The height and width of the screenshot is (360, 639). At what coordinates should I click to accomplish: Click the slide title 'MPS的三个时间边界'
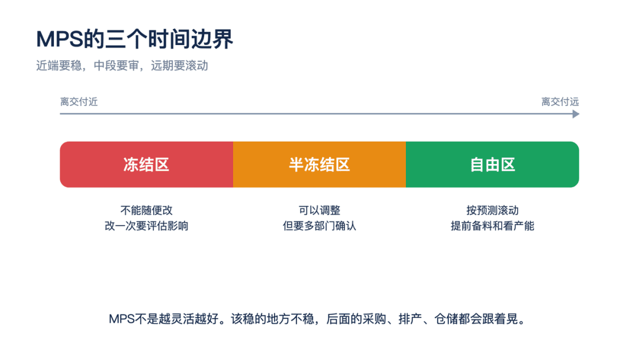click(134, 39)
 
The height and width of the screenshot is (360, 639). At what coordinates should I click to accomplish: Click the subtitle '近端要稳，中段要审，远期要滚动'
click(122, 66)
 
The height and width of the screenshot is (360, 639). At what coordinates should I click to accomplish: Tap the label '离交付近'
click(79, 101)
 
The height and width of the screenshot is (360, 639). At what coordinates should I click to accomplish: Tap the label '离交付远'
click(560, 101)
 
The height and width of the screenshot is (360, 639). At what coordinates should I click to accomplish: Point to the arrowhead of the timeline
click(576, 114)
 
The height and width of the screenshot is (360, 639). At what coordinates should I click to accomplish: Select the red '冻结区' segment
click(146, 164)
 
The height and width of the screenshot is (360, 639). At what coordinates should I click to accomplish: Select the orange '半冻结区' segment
click(319, 164)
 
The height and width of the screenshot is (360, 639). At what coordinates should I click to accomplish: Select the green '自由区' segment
click(492, 164)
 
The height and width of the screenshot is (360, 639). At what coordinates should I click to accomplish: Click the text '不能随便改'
click(146, 210)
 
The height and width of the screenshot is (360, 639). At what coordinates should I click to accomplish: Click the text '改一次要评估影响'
click(146, 226)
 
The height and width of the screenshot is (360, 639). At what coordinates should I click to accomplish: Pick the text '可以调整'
click(319, 210)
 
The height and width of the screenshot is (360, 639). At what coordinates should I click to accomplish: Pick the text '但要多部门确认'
click(319, 226)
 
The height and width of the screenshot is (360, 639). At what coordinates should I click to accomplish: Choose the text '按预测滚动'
click(492, 210)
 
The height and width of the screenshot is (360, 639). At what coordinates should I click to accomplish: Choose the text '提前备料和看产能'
click(492, 226)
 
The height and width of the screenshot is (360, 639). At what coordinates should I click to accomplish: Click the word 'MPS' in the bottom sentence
click(121, 319)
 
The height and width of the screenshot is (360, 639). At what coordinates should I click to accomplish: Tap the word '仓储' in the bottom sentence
click(446, 319)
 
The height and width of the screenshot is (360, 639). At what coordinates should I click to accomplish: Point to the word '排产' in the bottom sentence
click(410, 319)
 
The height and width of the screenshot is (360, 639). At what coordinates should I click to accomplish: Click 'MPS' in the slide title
click(60, 40)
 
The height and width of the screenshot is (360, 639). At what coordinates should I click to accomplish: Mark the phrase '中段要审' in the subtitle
click(116, 66)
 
